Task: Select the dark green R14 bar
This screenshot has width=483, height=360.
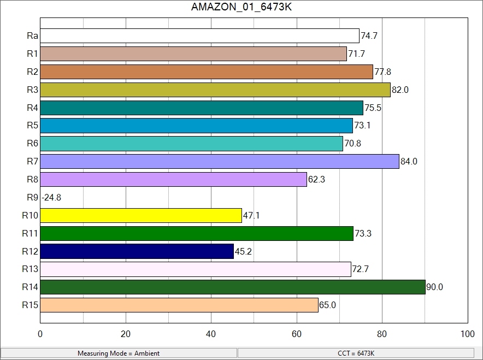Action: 232,287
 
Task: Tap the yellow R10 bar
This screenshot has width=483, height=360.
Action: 141,215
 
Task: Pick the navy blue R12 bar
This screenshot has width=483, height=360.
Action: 137,251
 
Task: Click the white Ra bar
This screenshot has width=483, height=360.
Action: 199,36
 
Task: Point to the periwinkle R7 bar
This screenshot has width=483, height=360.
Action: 220,162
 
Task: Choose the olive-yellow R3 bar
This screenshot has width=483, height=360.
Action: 215,90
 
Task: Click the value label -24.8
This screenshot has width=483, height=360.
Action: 51,198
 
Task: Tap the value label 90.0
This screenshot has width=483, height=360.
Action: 434,287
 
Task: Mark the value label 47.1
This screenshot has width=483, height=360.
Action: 251,216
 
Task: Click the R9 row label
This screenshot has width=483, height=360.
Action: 32,197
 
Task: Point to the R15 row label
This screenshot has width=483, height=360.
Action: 30,305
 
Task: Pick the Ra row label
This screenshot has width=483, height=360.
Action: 32,36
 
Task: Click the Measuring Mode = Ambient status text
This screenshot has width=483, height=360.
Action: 119,353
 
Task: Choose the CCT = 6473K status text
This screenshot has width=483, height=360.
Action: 356,353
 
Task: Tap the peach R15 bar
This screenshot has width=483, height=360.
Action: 179,305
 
